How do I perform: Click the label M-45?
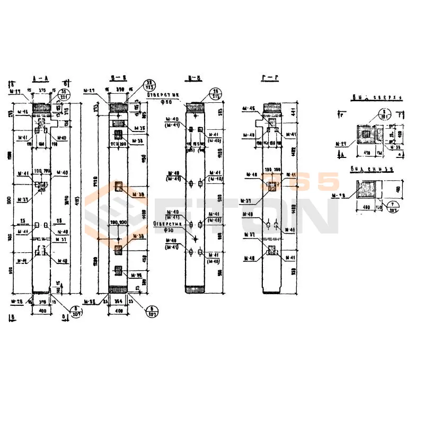tap(22, 112)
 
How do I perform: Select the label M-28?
tap(16, 302)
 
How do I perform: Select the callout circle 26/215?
tap(216, 93)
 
